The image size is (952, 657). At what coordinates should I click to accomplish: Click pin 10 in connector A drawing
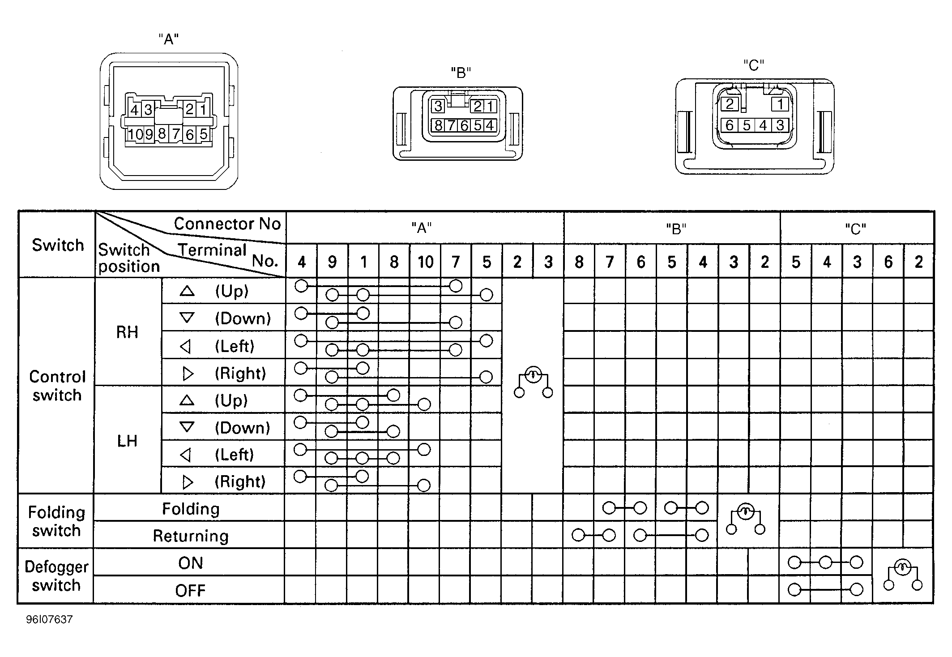tap(135, 134)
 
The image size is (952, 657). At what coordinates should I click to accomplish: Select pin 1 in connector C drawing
tap(780, 104)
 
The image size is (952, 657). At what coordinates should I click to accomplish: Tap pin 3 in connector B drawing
tap(438, 106)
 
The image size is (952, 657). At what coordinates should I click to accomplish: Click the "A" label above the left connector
tap(169, 39)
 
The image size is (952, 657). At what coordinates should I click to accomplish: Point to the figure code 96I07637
tap(49, 619)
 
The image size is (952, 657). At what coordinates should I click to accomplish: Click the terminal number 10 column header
tap(425, 262)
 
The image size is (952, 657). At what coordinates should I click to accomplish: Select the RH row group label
tap(127, 332)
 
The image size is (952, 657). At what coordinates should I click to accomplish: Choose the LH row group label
tap(127, 441)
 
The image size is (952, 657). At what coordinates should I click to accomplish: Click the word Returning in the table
tap(191, 536)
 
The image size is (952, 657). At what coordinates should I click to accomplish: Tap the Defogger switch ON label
tap(190, 563)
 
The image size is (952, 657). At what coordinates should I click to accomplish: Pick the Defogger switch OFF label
tap(190, 591)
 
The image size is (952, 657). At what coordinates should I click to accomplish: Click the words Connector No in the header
tap(227, 223)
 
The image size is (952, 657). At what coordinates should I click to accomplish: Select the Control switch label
tap(57, 386)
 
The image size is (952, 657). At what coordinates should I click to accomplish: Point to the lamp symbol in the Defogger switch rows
tap(902, 575)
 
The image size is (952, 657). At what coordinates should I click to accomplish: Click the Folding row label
tap(191, 509)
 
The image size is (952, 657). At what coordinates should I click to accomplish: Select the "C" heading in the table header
tap(855, 229)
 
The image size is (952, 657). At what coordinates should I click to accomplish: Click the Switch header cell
tap(58, 245)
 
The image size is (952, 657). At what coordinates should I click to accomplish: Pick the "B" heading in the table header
tap(676, 229)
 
